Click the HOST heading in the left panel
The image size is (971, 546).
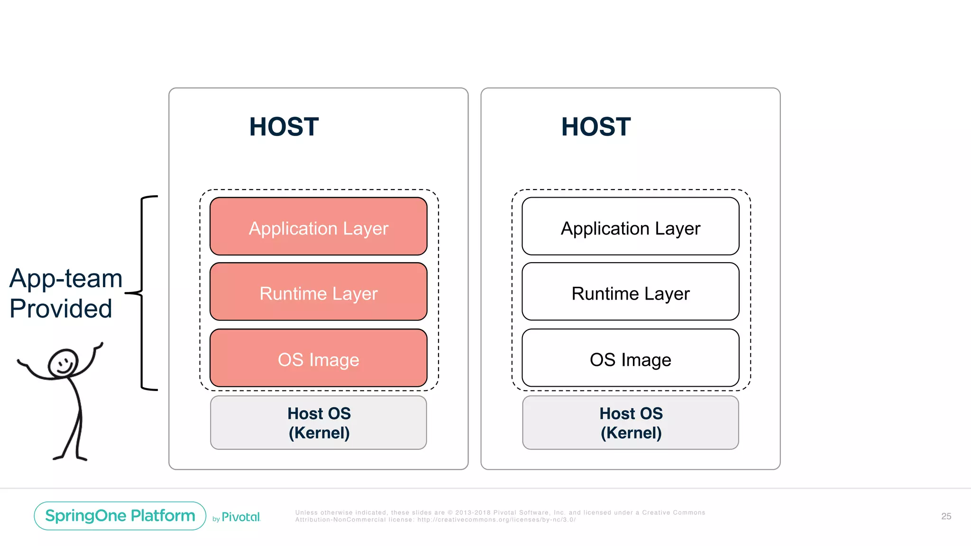click(x=284, y=127)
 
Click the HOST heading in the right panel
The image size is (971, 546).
click(x=595, y=127)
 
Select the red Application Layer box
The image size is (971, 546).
click(x=318, y=227)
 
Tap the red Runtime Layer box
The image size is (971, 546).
click(x=318, y=292)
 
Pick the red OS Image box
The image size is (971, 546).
click(x=318, y=358)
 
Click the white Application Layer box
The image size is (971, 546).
click(x=630, y=227)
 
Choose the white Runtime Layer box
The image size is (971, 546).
click(x=630, y=292)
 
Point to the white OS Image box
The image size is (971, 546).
click(x=630, y=358)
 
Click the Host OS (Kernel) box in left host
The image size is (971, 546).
click(x=318, y=423)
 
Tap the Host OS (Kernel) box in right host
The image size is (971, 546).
click(x=630, y=423)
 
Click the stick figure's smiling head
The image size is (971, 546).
click(x=63, y=363)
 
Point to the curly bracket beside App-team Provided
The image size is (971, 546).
click(x=142, y=293)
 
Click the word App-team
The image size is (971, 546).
click(x=66, y=278)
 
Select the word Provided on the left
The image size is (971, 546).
click(x=61, y=309)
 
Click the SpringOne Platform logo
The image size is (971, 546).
click(x=120, y=516)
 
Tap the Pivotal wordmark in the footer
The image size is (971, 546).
click(x=241, y=517)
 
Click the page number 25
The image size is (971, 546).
click(x=946, y=516)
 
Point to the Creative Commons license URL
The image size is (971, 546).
click(x=496, y=520)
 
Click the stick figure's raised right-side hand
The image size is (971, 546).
click(x=99, y=346)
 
